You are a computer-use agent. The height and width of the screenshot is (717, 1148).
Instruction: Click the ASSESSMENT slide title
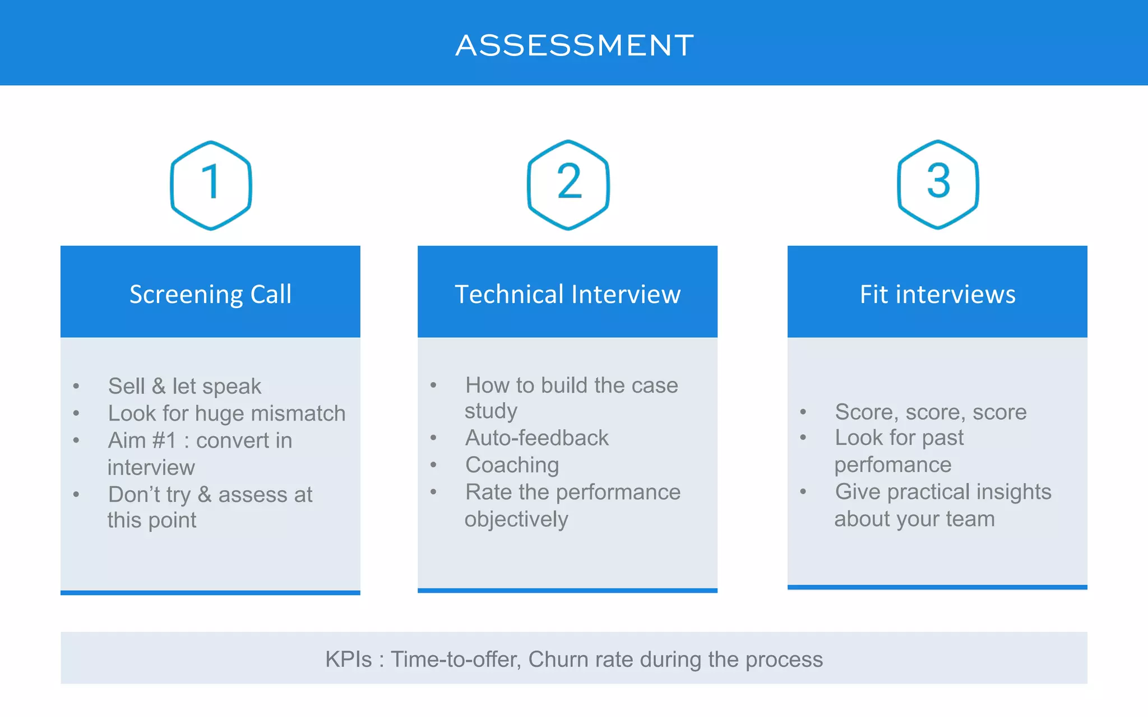[x=574, y=45]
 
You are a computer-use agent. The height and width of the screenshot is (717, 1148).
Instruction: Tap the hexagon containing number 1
[x=211, y=185]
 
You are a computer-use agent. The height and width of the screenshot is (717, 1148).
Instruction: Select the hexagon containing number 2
[x=568, y=184]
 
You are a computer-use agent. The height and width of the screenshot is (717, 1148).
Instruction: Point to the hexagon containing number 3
[x=938, y=184]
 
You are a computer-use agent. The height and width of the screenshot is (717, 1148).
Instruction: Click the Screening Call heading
[x=210, y=294]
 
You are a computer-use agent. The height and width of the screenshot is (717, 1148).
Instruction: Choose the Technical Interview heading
[x=567, y=294]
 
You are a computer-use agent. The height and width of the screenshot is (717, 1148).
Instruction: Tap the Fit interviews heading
[x=937, y=294]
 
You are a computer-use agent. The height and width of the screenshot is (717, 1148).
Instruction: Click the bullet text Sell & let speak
[x=184, y=386]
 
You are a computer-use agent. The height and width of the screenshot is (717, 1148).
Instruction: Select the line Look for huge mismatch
[x=226, y=413]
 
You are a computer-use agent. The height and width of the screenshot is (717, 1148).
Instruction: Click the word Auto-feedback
[x=536, y=437]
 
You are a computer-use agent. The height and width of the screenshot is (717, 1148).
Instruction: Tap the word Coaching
[x=512, y=465]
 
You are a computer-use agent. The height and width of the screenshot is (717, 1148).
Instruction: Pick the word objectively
[x=516, y=519]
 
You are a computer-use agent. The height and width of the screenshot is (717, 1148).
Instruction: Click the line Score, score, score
[x=931, y=412]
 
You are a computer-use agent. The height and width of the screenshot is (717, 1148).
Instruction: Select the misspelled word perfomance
[x=892, y=464]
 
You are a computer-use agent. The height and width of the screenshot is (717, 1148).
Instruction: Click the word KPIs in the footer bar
[x=348, y=659]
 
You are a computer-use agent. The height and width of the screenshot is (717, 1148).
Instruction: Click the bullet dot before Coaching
[x=433, y=465]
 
